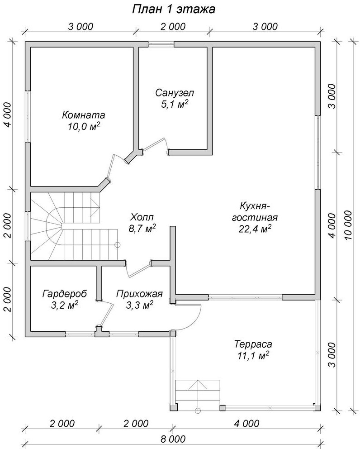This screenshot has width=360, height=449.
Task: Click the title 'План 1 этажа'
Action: click(x=174, y=9)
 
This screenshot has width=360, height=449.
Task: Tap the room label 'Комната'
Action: click(x=84, y=115)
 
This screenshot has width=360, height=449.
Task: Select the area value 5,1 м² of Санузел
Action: click(x=175, y=104)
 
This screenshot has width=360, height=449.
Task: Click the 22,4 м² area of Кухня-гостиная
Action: click(x=255, y=229)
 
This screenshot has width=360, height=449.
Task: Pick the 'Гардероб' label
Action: click(x=65, y=294)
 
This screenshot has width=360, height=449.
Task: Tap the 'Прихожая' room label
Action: click(x=139, y=294)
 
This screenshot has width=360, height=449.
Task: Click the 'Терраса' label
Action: click(x=253, y=344)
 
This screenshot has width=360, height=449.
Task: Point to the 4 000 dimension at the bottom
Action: click(x=246, y=423)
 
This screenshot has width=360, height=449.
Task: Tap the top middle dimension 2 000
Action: click(x=173, y=26)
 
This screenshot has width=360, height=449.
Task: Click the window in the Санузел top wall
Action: click(x=161, y=44)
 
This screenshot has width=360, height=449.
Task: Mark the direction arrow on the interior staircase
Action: click(x=95, y=204)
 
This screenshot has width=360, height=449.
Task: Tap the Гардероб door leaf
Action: click(x=106, y=315)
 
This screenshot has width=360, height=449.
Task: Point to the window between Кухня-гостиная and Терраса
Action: click(x=246, y=297)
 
